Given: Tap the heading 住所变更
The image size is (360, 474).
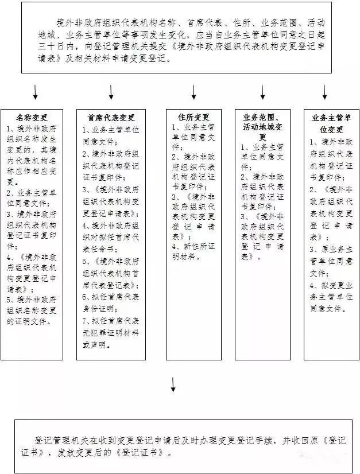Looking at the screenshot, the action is [x=194, y=117].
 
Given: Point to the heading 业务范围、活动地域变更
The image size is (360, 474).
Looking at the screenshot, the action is [x=263, y=127].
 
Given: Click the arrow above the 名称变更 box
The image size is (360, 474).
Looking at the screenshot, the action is [x=36, y=92].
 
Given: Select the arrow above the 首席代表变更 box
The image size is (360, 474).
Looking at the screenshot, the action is [x=111, y=92].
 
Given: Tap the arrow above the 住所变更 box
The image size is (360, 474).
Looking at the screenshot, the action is [x=194, y=92].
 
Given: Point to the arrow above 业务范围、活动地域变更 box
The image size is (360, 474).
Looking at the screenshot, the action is [x=263, y=92].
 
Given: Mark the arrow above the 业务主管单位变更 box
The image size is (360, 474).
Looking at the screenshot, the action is [x=325, y=92].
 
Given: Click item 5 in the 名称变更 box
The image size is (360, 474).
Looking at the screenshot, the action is [x=32, y=310].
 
